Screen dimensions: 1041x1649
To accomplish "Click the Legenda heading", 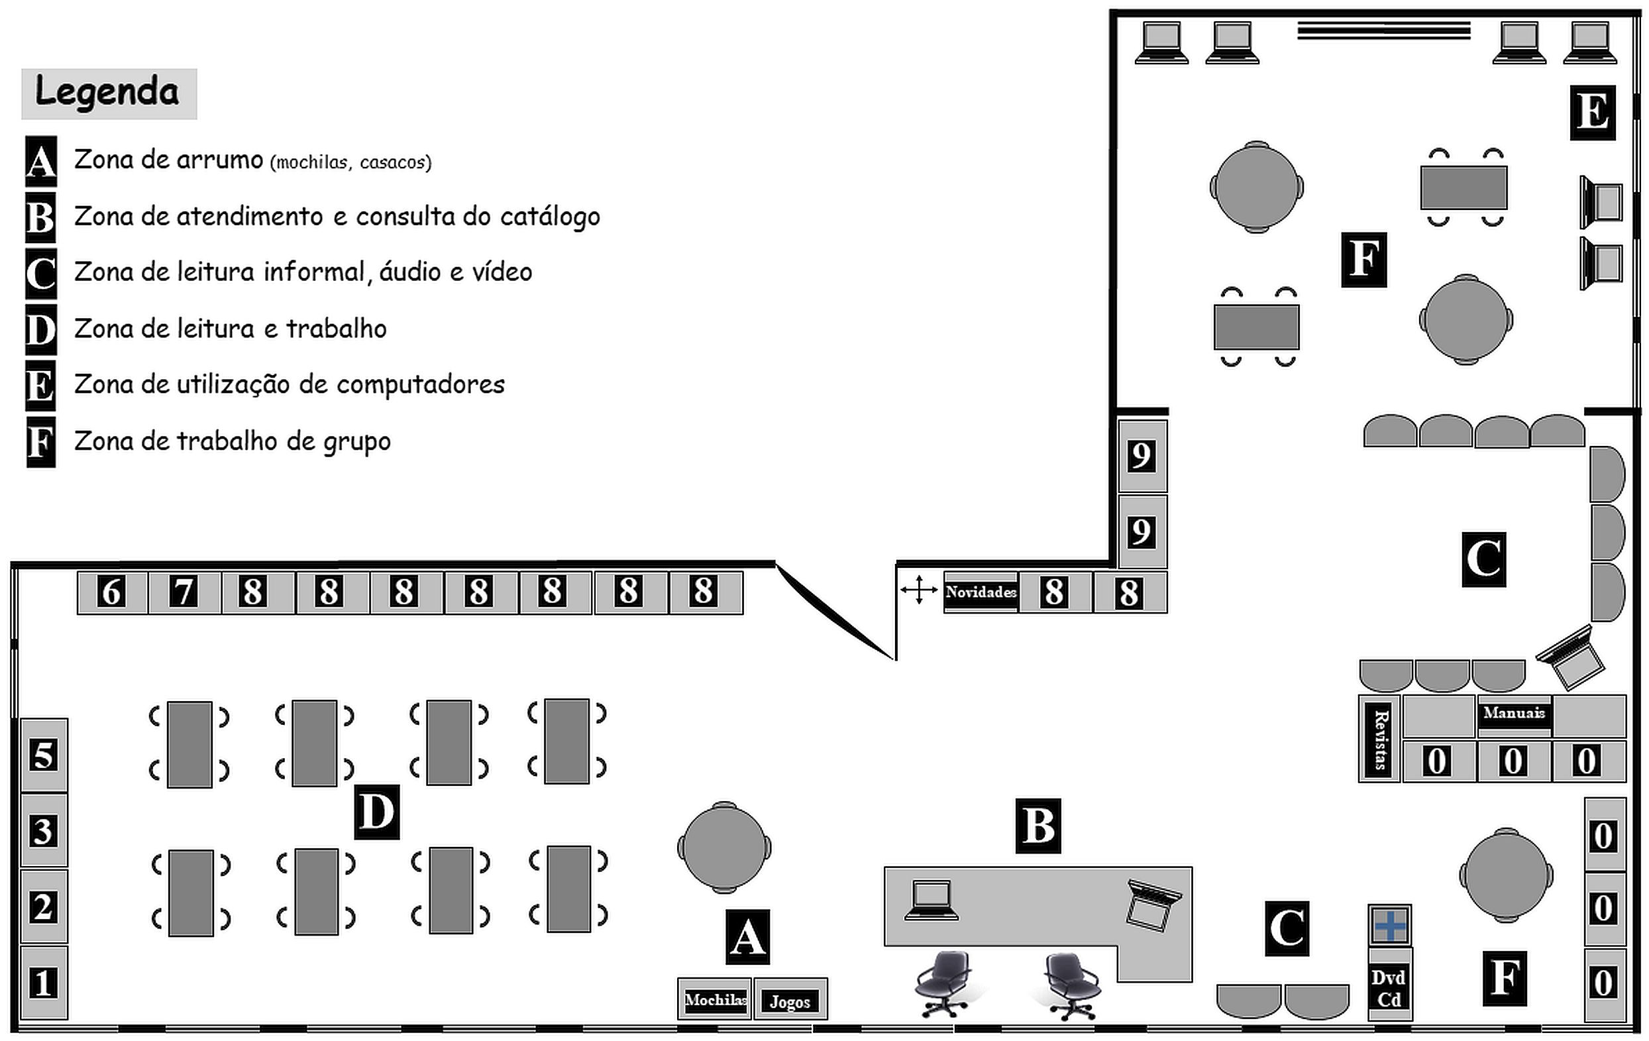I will [108, 93].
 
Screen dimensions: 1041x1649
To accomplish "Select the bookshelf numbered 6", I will [111, 592].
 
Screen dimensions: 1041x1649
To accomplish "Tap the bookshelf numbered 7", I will [184, 592].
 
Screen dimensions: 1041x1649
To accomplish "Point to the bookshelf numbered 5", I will [44, 755].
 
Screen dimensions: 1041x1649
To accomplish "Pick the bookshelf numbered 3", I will [44, 831].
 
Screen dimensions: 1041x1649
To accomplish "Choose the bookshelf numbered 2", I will [44, 906].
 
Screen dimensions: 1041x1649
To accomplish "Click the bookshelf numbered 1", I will [44, 983].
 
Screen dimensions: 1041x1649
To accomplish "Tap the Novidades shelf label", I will [981, 592].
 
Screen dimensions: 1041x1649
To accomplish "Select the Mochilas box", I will [715, 1000].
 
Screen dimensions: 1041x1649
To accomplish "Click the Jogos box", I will [790, 1001].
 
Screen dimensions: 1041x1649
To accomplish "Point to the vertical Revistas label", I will [1381, 740].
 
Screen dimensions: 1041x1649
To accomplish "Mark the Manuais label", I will [1514, 713].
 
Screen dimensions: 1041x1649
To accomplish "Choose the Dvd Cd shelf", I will [1389, 987].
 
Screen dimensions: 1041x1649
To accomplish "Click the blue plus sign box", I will [1389, 926].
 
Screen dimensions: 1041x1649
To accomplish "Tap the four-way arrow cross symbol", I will [918, 590].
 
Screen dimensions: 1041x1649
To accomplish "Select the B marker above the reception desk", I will [1038, 825].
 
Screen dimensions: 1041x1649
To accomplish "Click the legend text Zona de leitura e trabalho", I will [230, 329].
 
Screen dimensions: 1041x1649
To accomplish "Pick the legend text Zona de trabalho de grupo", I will [232, 441].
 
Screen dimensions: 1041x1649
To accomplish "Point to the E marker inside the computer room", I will [1593, 113].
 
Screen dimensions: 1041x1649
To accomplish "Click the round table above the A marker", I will [724, 848].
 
